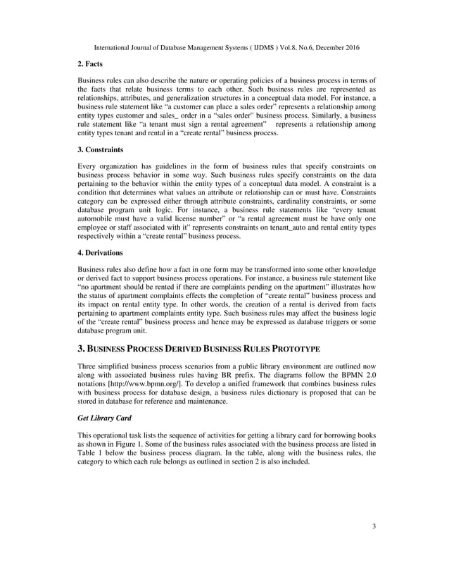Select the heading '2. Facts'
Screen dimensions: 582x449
tap(92, 63)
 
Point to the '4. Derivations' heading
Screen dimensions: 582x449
tap(100, 252)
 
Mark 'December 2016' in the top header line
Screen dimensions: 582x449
tap(335, 47)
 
